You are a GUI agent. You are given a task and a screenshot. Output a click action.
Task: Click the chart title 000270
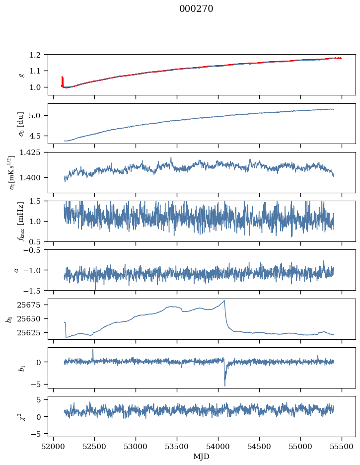click(196, 9)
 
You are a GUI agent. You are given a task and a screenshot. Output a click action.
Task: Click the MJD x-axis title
click(201, 457)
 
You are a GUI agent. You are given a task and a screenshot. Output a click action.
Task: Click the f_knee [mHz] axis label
click(21, 221)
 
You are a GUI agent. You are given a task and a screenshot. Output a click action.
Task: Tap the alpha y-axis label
click(16, 270)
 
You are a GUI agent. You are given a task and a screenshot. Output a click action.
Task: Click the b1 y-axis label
click(21, 368)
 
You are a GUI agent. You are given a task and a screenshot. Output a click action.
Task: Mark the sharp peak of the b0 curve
click(224, 301)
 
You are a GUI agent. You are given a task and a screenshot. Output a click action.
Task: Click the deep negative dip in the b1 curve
click(224, 385)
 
